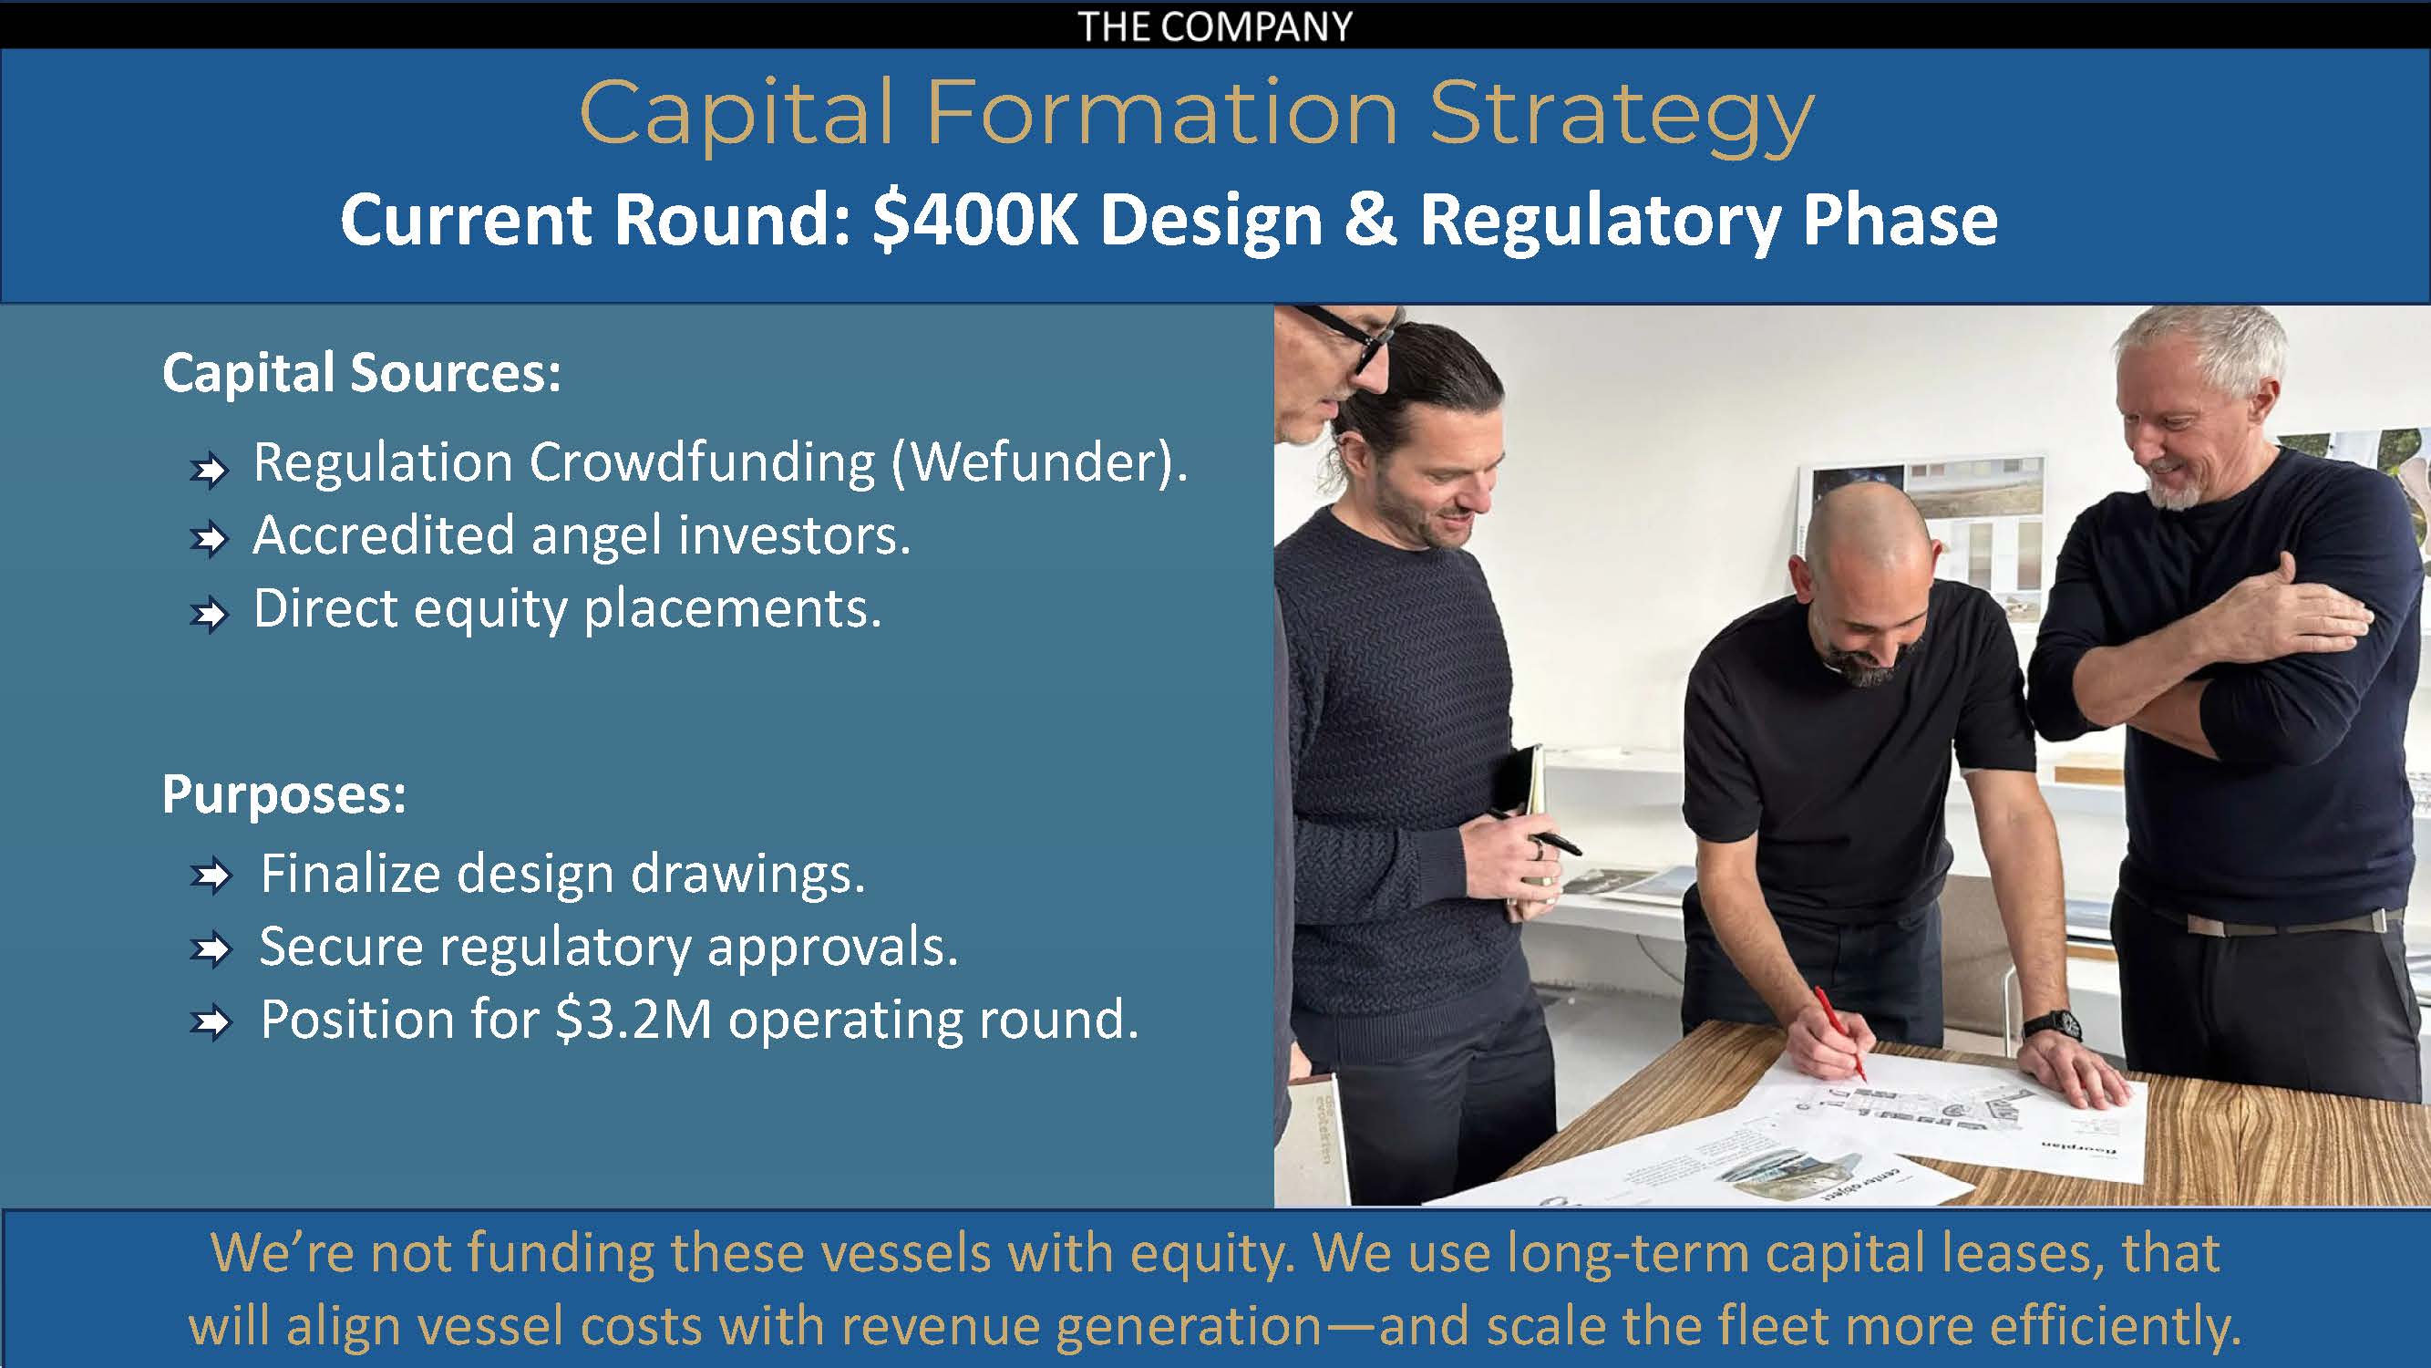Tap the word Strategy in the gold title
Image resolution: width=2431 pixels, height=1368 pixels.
point(1622,116)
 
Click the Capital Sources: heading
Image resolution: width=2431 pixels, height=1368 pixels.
point(362,373)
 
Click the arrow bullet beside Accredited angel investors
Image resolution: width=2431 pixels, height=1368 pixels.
point(209,539)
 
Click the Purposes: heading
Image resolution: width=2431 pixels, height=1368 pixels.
point(284,794)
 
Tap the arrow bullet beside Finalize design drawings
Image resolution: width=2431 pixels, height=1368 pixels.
point(210,876)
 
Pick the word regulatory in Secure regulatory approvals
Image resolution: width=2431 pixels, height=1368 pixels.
point(565,948)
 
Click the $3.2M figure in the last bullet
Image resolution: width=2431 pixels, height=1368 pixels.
point(634,1020)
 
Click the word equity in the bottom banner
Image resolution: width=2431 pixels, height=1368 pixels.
point(1200,1256)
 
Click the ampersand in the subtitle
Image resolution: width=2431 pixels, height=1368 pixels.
point(1371,221)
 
